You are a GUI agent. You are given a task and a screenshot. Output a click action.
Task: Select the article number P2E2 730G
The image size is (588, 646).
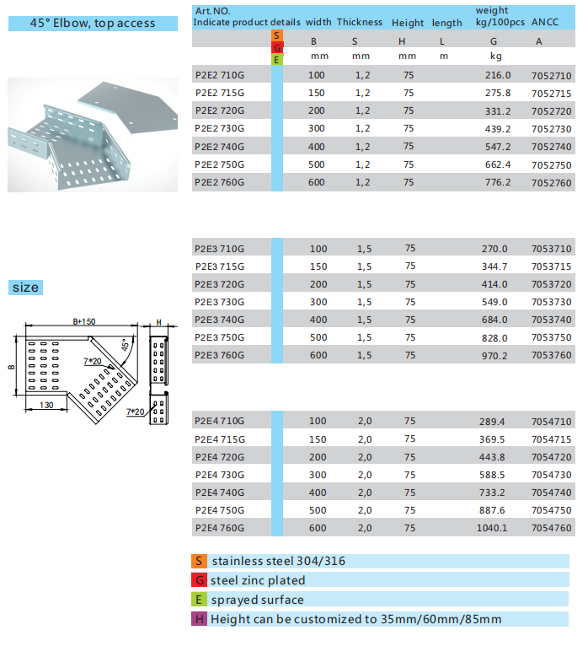219,128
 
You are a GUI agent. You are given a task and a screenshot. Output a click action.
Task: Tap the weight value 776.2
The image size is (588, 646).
498,181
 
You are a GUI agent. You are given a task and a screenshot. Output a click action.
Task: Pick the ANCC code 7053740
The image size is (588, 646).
552,320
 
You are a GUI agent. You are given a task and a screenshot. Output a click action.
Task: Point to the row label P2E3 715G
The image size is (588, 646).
219,266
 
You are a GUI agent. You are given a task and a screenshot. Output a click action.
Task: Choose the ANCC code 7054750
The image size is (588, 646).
552,510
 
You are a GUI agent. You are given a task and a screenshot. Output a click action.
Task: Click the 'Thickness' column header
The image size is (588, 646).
360,23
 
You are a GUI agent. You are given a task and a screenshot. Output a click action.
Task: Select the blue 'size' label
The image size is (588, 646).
25,288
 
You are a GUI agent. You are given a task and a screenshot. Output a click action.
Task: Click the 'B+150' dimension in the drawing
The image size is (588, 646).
83,321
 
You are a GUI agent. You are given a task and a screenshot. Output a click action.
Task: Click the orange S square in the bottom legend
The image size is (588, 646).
199,561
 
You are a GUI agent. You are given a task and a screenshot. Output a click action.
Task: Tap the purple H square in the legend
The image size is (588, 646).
199,619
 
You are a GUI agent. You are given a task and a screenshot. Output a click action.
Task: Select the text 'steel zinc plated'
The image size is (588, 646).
258,580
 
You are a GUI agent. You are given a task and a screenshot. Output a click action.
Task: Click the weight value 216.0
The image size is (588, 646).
498,75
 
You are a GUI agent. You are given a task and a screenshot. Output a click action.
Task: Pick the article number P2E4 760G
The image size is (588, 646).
219,528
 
